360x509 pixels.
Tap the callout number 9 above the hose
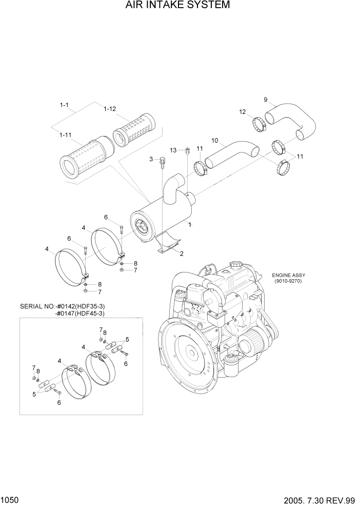(x=266, y=99)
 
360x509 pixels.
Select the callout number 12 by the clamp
(x=243, y=111)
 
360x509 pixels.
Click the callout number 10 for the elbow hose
(x=214, y=140)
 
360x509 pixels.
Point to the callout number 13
(x=173, y=150)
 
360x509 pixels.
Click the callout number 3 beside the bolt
(x=151, y=160)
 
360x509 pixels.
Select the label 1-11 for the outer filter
(x=65, y=134)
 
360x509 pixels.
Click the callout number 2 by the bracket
(x=181, y=253)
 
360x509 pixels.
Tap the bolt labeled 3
(x=162, y=162)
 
